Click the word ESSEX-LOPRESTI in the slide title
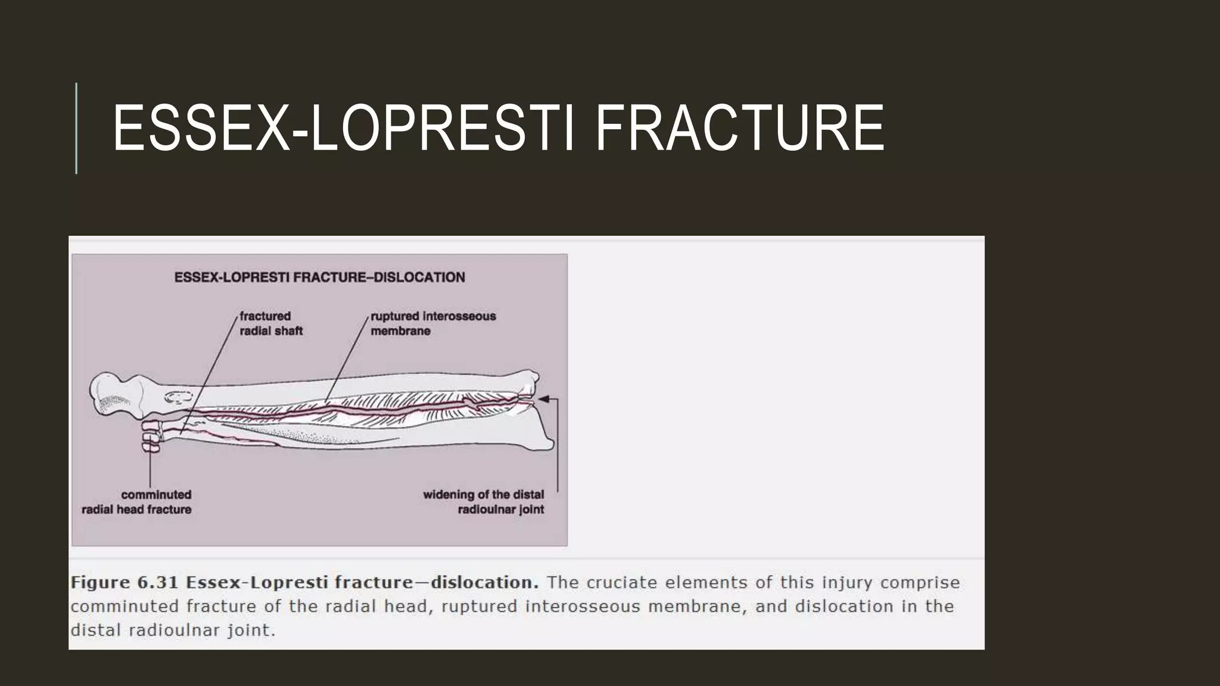343,129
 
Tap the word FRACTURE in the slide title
739,129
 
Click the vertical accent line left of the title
76,128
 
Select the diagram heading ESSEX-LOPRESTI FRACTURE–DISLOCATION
319,277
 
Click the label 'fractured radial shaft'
271,323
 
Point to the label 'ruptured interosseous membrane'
433,323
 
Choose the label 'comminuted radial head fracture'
137,502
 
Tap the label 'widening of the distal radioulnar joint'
484,502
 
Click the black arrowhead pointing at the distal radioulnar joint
543,399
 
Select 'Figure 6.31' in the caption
124,582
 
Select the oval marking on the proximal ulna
178,396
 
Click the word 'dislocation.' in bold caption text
484,582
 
